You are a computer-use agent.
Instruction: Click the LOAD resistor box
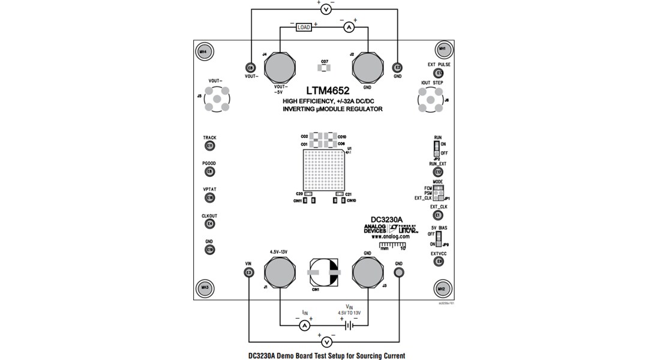point(304,27)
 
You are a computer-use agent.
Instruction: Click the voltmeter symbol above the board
point(325,9)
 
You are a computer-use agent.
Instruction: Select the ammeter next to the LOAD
point(350,27)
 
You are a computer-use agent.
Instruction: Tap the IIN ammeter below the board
point(304,325)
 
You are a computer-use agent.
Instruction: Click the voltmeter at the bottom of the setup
point(327,342)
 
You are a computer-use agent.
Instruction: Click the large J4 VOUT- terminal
point(280,67)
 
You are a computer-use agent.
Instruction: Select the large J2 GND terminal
point(367,67)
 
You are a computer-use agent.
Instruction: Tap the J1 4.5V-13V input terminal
point(280,273)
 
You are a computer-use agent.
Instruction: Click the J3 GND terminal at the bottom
point(367,273)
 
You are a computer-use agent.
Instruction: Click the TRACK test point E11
point(209,146)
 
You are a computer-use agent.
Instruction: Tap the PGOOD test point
point(209,172)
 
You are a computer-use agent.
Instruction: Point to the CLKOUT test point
point(209,224)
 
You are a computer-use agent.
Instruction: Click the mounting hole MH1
point(442,49)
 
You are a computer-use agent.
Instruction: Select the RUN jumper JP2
point(437,149)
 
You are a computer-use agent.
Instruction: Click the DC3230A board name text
point(386,220)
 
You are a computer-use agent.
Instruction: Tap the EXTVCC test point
point(439,262)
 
